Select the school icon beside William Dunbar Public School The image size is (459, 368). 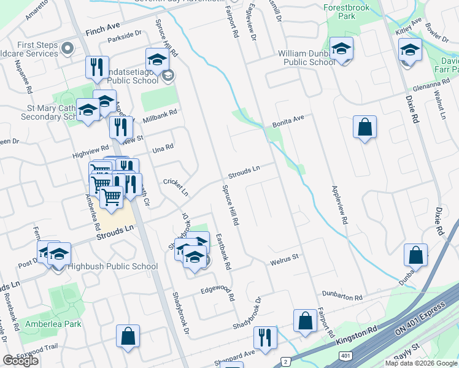341,48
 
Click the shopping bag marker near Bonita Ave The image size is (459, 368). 364,128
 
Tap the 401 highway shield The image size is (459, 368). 345,356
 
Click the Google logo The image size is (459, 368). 21,361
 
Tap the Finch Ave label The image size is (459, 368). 102,29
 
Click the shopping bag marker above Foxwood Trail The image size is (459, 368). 128,336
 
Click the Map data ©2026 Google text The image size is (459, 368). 421,363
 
